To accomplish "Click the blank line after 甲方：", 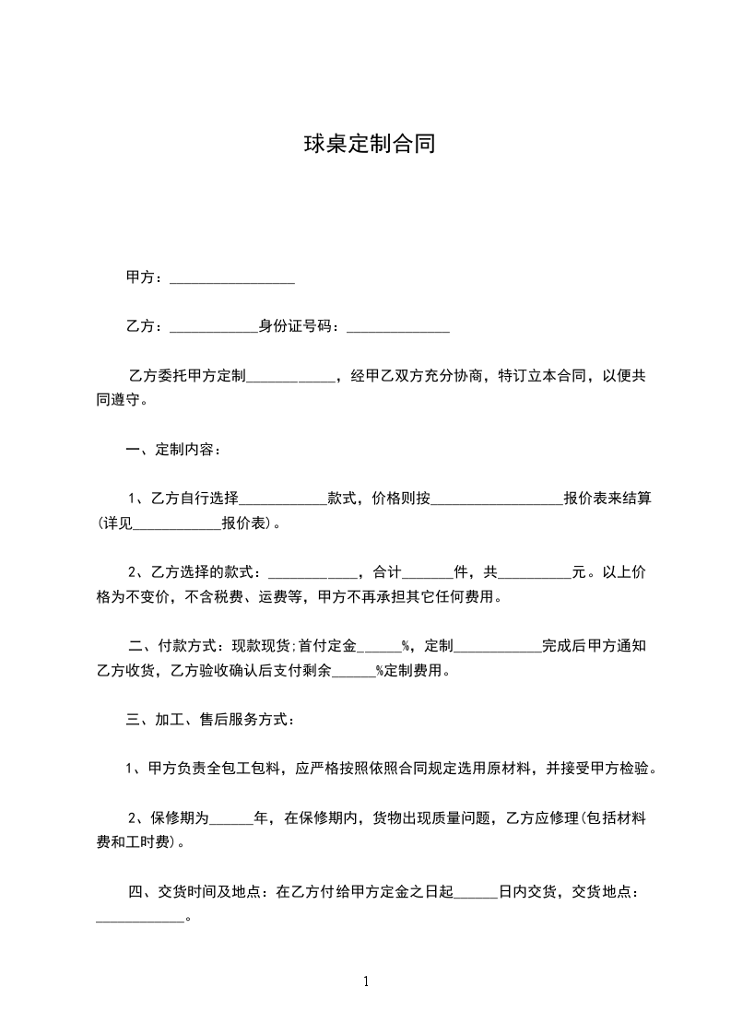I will coord(232,277).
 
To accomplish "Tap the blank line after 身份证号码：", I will coord(396,327).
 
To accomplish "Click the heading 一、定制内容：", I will coord(173,451).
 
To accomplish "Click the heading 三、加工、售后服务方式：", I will coord(210,720).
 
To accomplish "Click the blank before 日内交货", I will coord(476,892).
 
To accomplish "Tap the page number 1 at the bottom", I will coord(366,981).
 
